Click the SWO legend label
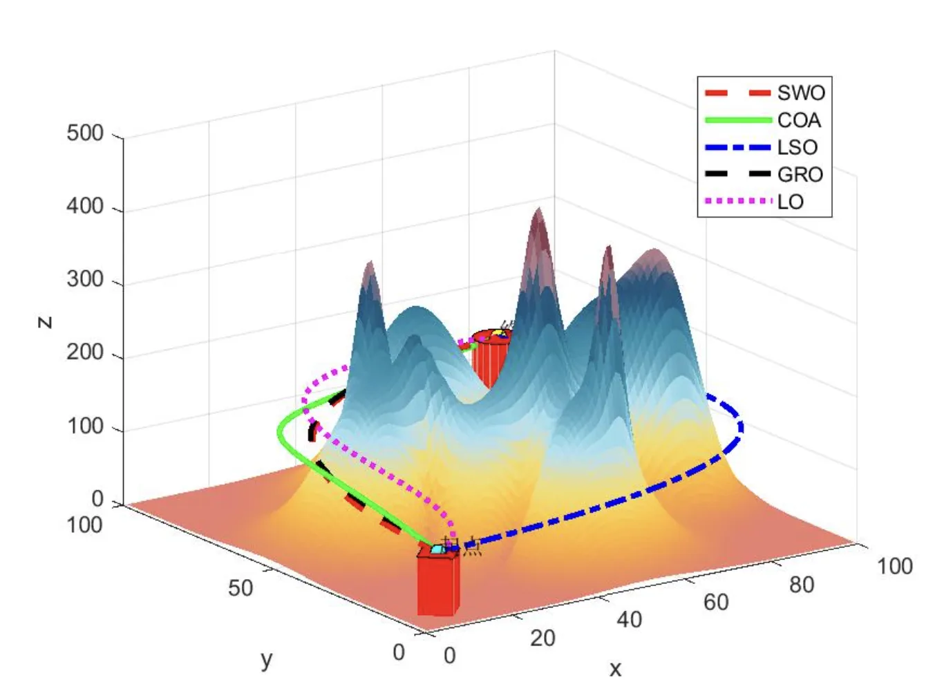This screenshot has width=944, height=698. pyautogui.click(x=800, y=93)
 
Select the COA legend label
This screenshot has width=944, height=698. pyautogui.click(x=799, y=120)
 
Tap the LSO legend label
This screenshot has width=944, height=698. pyautogui.click(x=797, y=147)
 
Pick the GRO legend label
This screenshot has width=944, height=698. pyautogui.click(x=800, y=174)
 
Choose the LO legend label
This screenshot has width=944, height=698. pyautogui.click(x=790, y=202)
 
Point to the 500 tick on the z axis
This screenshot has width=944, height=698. pyautogui.click(x=84, y=133)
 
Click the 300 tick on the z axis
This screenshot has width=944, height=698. pyautogui.click(x=84, y=279)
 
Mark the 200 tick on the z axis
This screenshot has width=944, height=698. pyautogui.click(x=84, y=352)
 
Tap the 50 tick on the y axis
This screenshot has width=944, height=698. pyautogui.click(x=240, y=588)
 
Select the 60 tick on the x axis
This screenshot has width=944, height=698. pyautogui.click(x=716, y=602)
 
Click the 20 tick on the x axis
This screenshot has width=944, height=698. pyautogui.click(x=542, y=638)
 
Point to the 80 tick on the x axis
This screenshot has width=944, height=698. pyautogui.click(x=802, y=585)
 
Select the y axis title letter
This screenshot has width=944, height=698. pyautogui.click(x=267, y=660)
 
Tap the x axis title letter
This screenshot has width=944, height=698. pyautogui.click(x=615, y=668)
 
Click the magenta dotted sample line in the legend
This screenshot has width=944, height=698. pyautogui.click(x=737, y=202)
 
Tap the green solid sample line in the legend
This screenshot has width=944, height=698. pyautogui.click(x=737, y=120)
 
